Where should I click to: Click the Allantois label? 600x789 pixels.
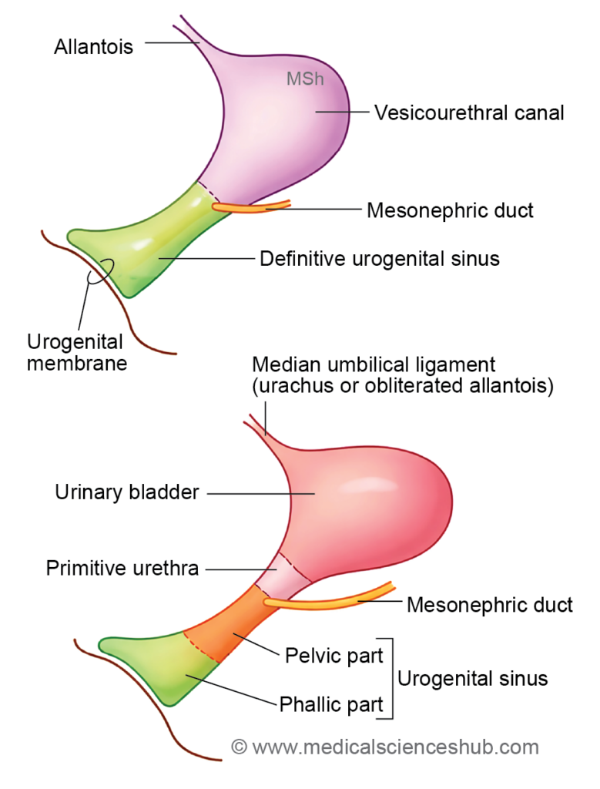click(93, 46)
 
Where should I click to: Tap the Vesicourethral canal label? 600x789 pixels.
click(469, 112)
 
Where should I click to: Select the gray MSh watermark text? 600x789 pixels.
click(305, 79)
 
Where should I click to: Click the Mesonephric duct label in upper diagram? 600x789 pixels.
click(450, 210)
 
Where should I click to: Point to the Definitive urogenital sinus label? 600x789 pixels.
click(379, 258)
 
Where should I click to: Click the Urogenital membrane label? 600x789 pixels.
click(77, 351)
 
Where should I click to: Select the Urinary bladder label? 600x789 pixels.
click(127, 492)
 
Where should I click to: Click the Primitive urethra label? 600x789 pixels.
click(122, 569)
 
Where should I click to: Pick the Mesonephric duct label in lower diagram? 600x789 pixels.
click(489, 604)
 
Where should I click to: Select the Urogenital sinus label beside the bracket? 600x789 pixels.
click(472, 678)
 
